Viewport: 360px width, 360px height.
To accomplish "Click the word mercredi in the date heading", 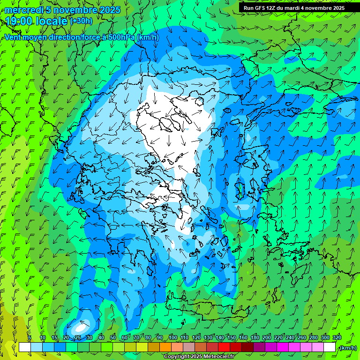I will click(22, 10).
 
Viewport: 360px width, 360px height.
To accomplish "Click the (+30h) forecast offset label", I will click(81, 21).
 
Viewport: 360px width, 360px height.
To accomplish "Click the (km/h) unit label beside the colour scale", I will click(347, 348).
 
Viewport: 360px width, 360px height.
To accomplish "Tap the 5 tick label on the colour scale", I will click(30, 337).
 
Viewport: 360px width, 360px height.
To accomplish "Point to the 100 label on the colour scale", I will click(173, 337).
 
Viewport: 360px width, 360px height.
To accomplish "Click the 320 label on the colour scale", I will click(337, 337).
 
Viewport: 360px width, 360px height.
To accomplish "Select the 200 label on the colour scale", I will click(267, 337).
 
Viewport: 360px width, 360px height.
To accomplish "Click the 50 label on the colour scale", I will click(112, 337).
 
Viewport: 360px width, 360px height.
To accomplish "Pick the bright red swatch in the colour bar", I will click(224, 347).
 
